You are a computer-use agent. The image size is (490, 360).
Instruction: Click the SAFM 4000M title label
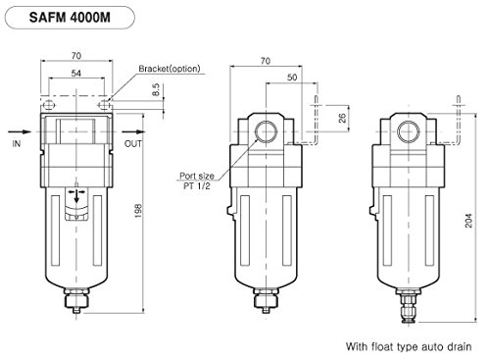coord(70,18)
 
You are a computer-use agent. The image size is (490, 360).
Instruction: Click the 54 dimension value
coord(76,74)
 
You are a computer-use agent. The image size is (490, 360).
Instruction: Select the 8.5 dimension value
coord(156,89)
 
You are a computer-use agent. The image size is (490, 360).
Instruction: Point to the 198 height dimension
coord(138,211)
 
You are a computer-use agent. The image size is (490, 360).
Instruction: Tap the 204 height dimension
coord(468,221)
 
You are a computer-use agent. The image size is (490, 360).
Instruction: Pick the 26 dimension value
coord(342,118)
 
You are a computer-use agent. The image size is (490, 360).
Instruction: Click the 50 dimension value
coord(292,77)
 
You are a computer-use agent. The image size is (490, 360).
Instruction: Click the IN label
coord(17,143)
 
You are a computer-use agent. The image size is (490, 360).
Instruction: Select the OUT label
coord(133,143)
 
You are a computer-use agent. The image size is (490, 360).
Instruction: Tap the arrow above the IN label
coord(20,131)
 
